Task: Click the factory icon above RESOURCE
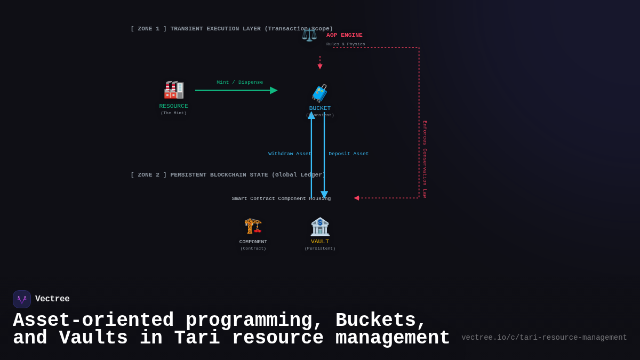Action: click(174, 90)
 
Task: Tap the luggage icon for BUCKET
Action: click(319, 93)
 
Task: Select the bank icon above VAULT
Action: click(320, 227)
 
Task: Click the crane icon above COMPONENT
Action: click(253, 226)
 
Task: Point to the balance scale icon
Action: click(309, 35)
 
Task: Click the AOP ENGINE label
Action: click(344, 35)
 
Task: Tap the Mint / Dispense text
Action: click(239, 82)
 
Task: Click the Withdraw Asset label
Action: click(290, 154)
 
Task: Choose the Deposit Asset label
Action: click(348, 154)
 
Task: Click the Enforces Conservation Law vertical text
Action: click(425, 159)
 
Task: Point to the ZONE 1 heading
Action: click(231, 29)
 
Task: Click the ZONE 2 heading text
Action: click(227, 175)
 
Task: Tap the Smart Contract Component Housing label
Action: click(281, 198)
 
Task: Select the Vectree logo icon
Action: click(22, 299)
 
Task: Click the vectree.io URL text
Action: click(544, 338)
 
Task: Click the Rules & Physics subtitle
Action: click(346, 44)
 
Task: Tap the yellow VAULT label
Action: click(320, 242)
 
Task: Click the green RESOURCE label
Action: click(173, 106)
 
